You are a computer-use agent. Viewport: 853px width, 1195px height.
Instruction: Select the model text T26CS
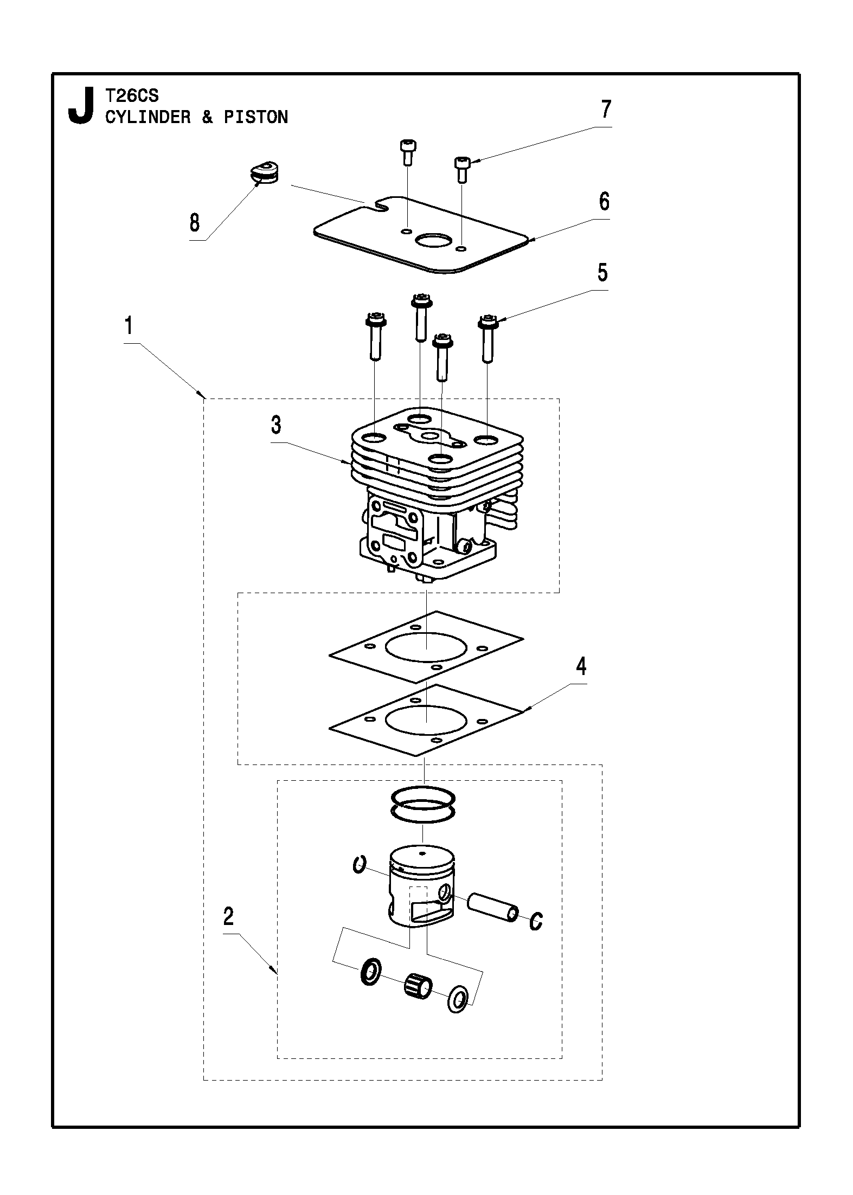132,96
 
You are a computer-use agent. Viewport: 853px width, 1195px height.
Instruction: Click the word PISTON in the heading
255,117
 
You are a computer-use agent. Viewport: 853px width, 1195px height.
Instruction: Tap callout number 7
606,110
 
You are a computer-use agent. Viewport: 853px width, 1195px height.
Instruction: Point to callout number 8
195,223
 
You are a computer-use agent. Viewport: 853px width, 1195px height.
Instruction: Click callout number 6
604,202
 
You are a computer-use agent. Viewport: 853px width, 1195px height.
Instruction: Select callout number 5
602,273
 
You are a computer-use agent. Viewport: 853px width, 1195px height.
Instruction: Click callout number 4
581,666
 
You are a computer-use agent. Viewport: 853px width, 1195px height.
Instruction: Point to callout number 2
228,917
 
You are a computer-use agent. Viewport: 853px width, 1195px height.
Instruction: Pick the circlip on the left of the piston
359,864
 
